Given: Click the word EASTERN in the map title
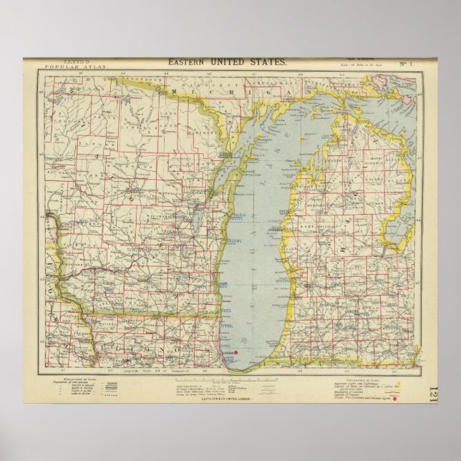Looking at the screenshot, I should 185,62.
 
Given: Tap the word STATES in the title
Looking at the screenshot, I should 266,62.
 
